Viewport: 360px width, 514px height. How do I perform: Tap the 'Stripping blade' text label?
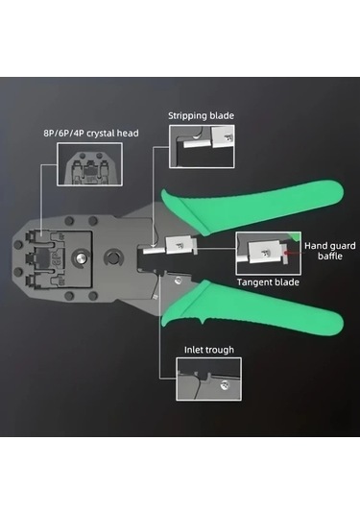pos(201,116)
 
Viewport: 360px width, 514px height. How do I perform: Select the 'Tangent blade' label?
pos(268,282)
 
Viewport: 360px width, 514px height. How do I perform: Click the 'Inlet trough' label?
pos(209,350)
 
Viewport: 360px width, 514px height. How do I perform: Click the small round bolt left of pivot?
pos(84,257)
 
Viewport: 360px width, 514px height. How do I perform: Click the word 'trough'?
pos(221,350)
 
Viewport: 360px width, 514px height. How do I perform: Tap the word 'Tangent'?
pos(255,282)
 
